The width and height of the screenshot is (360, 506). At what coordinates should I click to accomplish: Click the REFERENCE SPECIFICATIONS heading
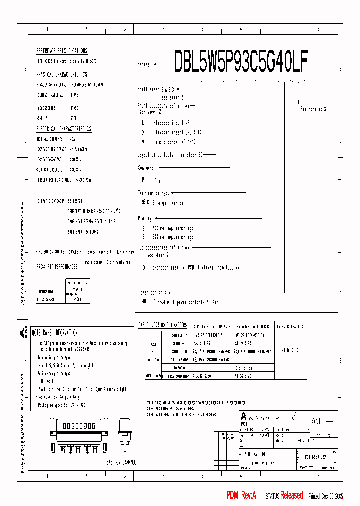(62, 51)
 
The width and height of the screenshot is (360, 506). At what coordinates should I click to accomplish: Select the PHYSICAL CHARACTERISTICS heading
(62, 74)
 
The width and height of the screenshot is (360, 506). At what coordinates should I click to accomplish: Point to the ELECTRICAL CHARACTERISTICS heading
(64, 129)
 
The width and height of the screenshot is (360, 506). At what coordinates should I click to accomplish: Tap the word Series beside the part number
(143, 65)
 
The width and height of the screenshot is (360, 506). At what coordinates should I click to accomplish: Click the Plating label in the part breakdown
(145, 218)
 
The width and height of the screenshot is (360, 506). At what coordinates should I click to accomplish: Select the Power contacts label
(152, 292)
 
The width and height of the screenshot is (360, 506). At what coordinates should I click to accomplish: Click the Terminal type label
(154, 192)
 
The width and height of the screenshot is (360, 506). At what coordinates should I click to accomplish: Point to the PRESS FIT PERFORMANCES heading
(57, 267)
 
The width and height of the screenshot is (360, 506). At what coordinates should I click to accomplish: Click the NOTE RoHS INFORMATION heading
(55, 332)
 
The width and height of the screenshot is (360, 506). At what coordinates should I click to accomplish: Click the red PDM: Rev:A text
(241, 495)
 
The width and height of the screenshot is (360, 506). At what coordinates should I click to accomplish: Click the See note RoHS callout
(313, 108)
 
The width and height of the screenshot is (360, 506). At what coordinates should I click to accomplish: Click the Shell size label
(148, 89)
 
